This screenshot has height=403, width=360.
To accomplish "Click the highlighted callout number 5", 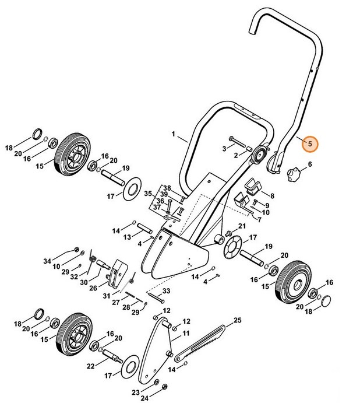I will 310,143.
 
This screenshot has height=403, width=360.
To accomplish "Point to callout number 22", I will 90,366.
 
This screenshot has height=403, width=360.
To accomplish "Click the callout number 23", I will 135,392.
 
